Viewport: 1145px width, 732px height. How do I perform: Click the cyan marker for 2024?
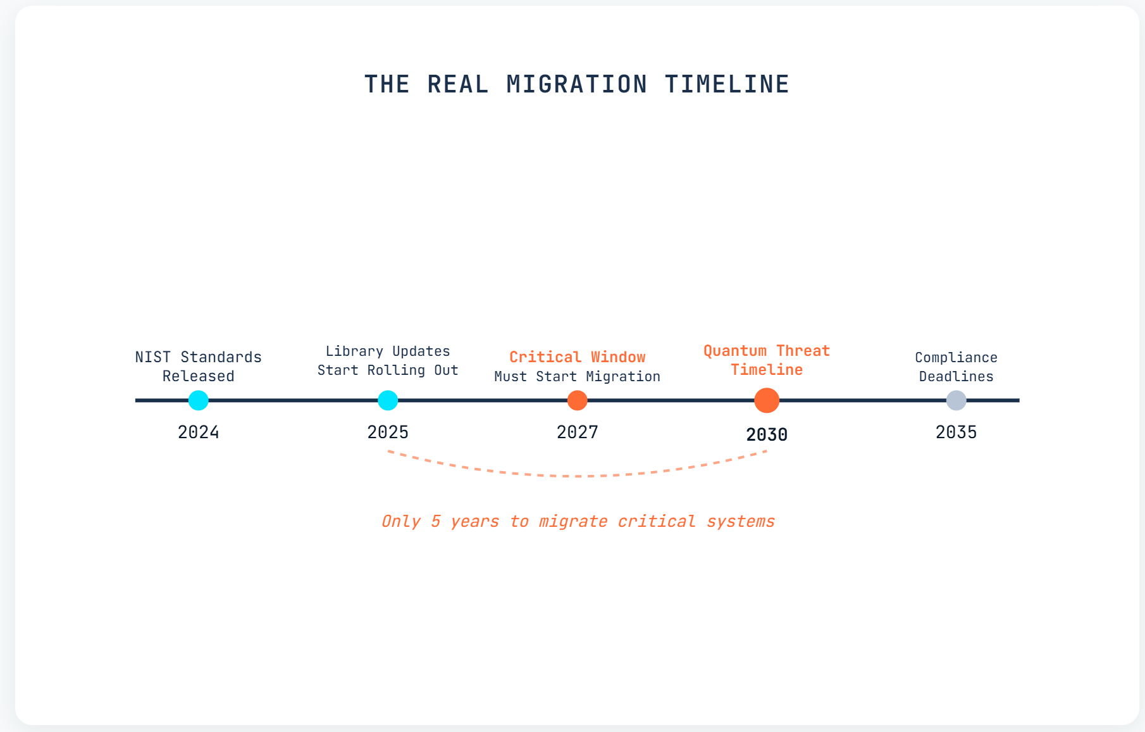coord(199,400)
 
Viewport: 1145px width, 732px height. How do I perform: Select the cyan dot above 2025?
coord(388,400)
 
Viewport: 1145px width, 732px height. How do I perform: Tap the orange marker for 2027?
coord(577,400)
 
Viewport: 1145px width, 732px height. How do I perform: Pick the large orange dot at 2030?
coord(767,400)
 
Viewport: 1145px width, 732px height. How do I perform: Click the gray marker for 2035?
coord(956,400)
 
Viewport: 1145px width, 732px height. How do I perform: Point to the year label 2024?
coord(199,432)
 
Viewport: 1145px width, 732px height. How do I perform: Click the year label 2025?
coord(388,432)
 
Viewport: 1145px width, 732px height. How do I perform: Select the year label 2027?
coord(577,432)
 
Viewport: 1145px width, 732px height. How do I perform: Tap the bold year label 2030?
coord(767,434)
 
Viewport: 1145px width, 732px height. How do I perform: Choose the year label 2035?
coord(956,432)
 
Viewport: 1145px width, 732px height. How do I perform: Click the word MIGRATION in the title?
coord(577,84)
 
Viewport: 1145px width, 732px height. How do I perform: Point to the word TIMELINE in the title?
coord(727,84)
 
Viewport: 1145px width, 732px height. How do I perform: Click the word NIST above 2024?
coord(152,357)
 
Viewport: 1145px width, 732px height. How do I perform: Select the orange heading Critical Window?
coord(577,357)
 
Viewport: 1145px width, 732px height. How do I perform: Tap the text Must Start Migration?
coord(577,376)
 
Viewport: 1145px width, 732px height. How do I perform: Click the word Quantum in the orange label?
coord(735,351)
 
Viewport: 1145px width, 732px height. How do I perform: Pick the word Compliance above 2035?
coord(956,358)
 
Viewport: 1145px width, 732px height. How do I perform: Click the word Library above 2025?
coord(354,351)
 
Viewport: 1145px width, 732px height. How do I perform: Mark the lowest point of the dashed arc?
coord(577,476)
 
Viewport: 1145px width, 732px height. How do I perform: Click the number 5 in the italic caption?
coord(436,521)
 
